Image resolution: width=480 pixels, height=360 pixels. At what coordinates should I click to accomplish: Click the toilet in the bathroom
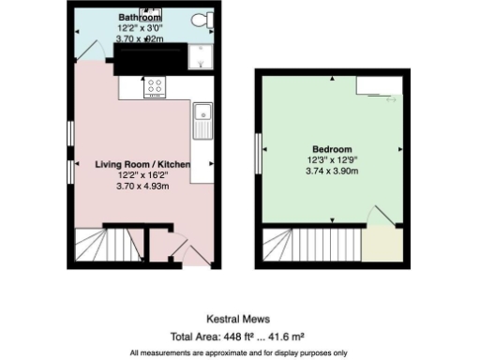tap(199, 20)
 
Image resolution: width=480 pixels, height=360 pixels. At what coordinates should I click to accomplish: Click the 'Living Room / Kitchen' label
tap(142, 164)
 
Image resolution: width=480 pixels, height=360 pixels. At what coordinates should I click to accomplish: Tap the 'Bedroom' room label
tap(333, 150)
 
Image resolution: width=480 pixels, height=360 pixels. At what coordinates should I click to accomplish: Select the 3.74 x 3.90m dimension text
tap(333, 171)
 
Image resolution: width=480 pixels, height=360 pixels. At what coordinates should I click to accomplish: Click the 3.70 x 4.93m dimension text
tap(142, 186)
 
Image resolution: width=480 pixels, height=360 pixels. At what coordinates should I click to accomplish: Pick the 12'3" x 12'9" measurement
tap(333, 160)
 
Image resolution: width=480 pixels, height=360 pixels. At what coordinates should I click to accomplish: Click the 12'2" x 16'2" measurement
tap(142, 175)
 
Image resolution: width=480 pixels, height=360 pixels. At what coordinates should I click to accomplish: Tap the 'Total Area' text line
tap(239, 336)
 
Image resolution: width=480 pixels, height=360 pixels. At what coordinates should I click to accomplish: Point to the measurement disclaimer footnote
tap(239, 352)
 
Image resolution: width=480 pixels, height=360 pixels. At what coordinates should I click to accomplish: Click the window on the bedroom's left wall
tap(259, 158)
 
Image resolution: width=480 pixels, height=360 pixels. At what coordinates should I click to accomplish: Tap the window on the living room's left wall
tap(70, 131)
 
